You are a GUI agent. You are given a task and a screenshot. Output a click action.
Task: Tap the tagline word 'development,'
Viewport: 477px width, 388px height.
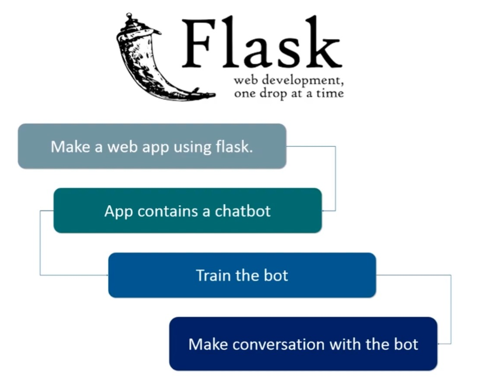(x=304, y=80)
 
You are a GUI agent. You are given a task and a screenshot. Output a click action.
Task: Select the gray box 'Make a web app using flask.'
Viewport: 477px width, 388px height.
(x=152, y=146)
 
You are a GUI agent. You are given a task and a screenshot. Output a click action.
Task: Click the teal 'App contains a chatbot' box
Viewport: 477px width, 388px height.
(x=187, y=211)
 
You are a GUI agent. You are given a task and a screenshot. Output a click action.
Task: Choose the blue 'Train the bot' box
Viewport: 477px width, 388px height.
(x=242, y=275)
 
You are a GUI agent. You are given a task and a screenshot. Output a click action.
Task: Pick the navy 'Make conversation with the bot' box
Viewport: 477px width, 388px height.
(x=303, y=344)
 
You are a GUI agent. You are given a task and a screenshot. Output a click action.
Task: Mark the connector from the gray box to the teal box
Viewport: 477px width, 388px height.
(x=336, y=178)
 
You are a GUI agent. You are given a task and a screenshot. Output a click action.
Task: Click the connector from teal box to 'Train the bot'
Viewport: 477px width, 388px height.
(x=40, y=243)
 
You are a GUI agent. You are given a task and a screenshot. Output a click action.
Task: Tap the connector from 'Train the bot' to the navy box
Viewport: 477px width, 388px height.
(x=451, y=308)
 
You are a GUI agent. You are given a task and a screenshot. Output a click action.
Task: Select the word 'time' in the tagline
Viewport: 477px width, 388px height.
(x=331, y=94)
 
